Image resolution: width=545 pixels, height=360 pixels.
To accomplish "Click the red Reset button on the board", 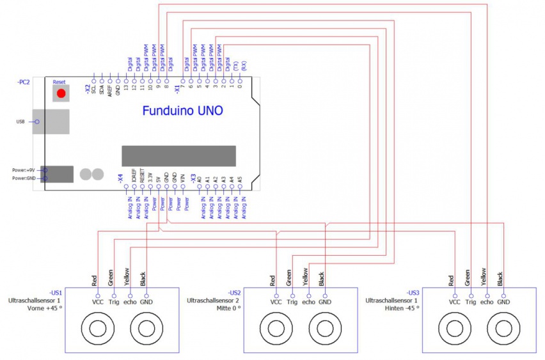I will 61,94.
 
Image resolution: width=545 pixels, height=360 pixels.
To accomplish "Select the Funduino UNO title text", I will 182,111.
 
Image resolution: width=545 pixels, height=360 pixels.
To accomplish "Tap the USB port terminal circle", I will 36,121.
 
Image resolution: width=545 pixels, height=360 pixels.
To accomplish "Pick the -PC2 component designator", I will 23,82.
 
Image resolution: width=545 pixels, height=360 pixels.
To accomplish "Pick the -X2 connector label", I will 88,89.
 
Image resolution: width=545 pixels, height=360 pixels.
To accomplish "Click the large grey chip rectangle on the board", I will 178,155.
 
